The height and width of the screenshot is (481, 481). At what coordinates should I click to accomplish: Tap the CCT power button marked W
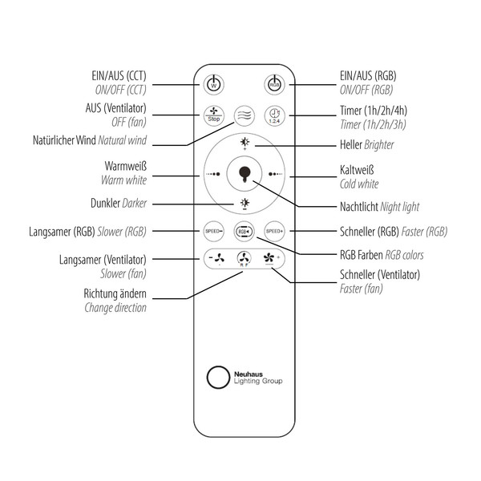(212, 84)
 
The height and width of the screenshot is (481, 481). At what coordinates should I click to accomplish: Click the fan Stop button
(212, 115)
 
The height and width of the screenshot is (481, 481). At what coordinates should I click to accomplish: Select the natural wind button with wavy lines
(244, 115)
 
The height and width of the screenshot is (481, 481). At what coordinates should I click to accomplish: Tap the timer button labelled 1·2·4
(274, 115)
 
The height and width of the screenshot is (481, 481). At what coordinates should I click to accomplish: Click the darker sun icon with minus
(244, 204)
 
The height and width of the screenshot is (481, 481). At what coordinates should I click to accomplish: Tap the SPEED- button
(212, 232)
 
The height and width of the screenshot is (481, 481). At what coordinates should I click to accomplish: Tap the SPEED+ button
(275, 232)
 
